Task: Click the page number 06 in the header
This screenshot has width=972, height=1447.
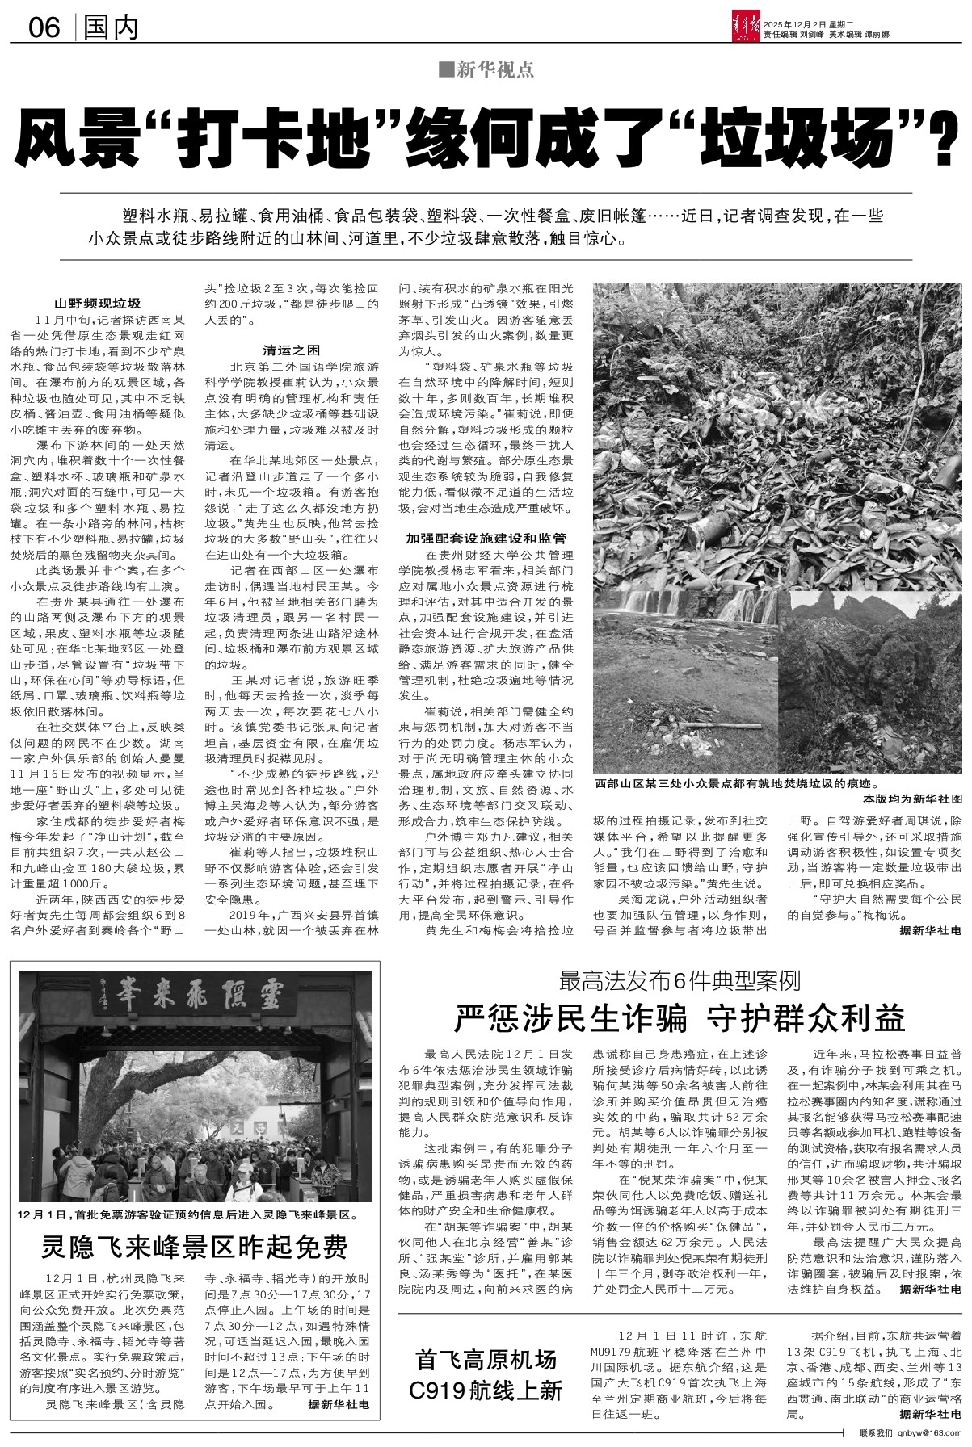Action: pyautogui.click(x=44, y=28)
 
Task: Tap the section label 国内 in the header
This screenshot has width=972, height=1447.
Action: pyautogui.click(x=111, y=28)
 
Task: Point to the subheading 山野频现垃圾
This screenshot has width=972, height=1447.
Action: pyautogui.click(x=97, y=304)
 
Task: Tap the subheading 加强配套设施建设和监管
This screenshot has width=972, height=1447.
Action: pyautogui.click(x=486, y=538)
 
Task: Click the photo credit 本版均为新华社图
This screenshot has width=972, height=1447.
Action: pyautogui.click(x=913, y=797)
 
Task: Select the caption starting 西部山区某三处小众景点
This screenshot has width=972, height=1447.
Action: pyautogui.click(x=736, y=784)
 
